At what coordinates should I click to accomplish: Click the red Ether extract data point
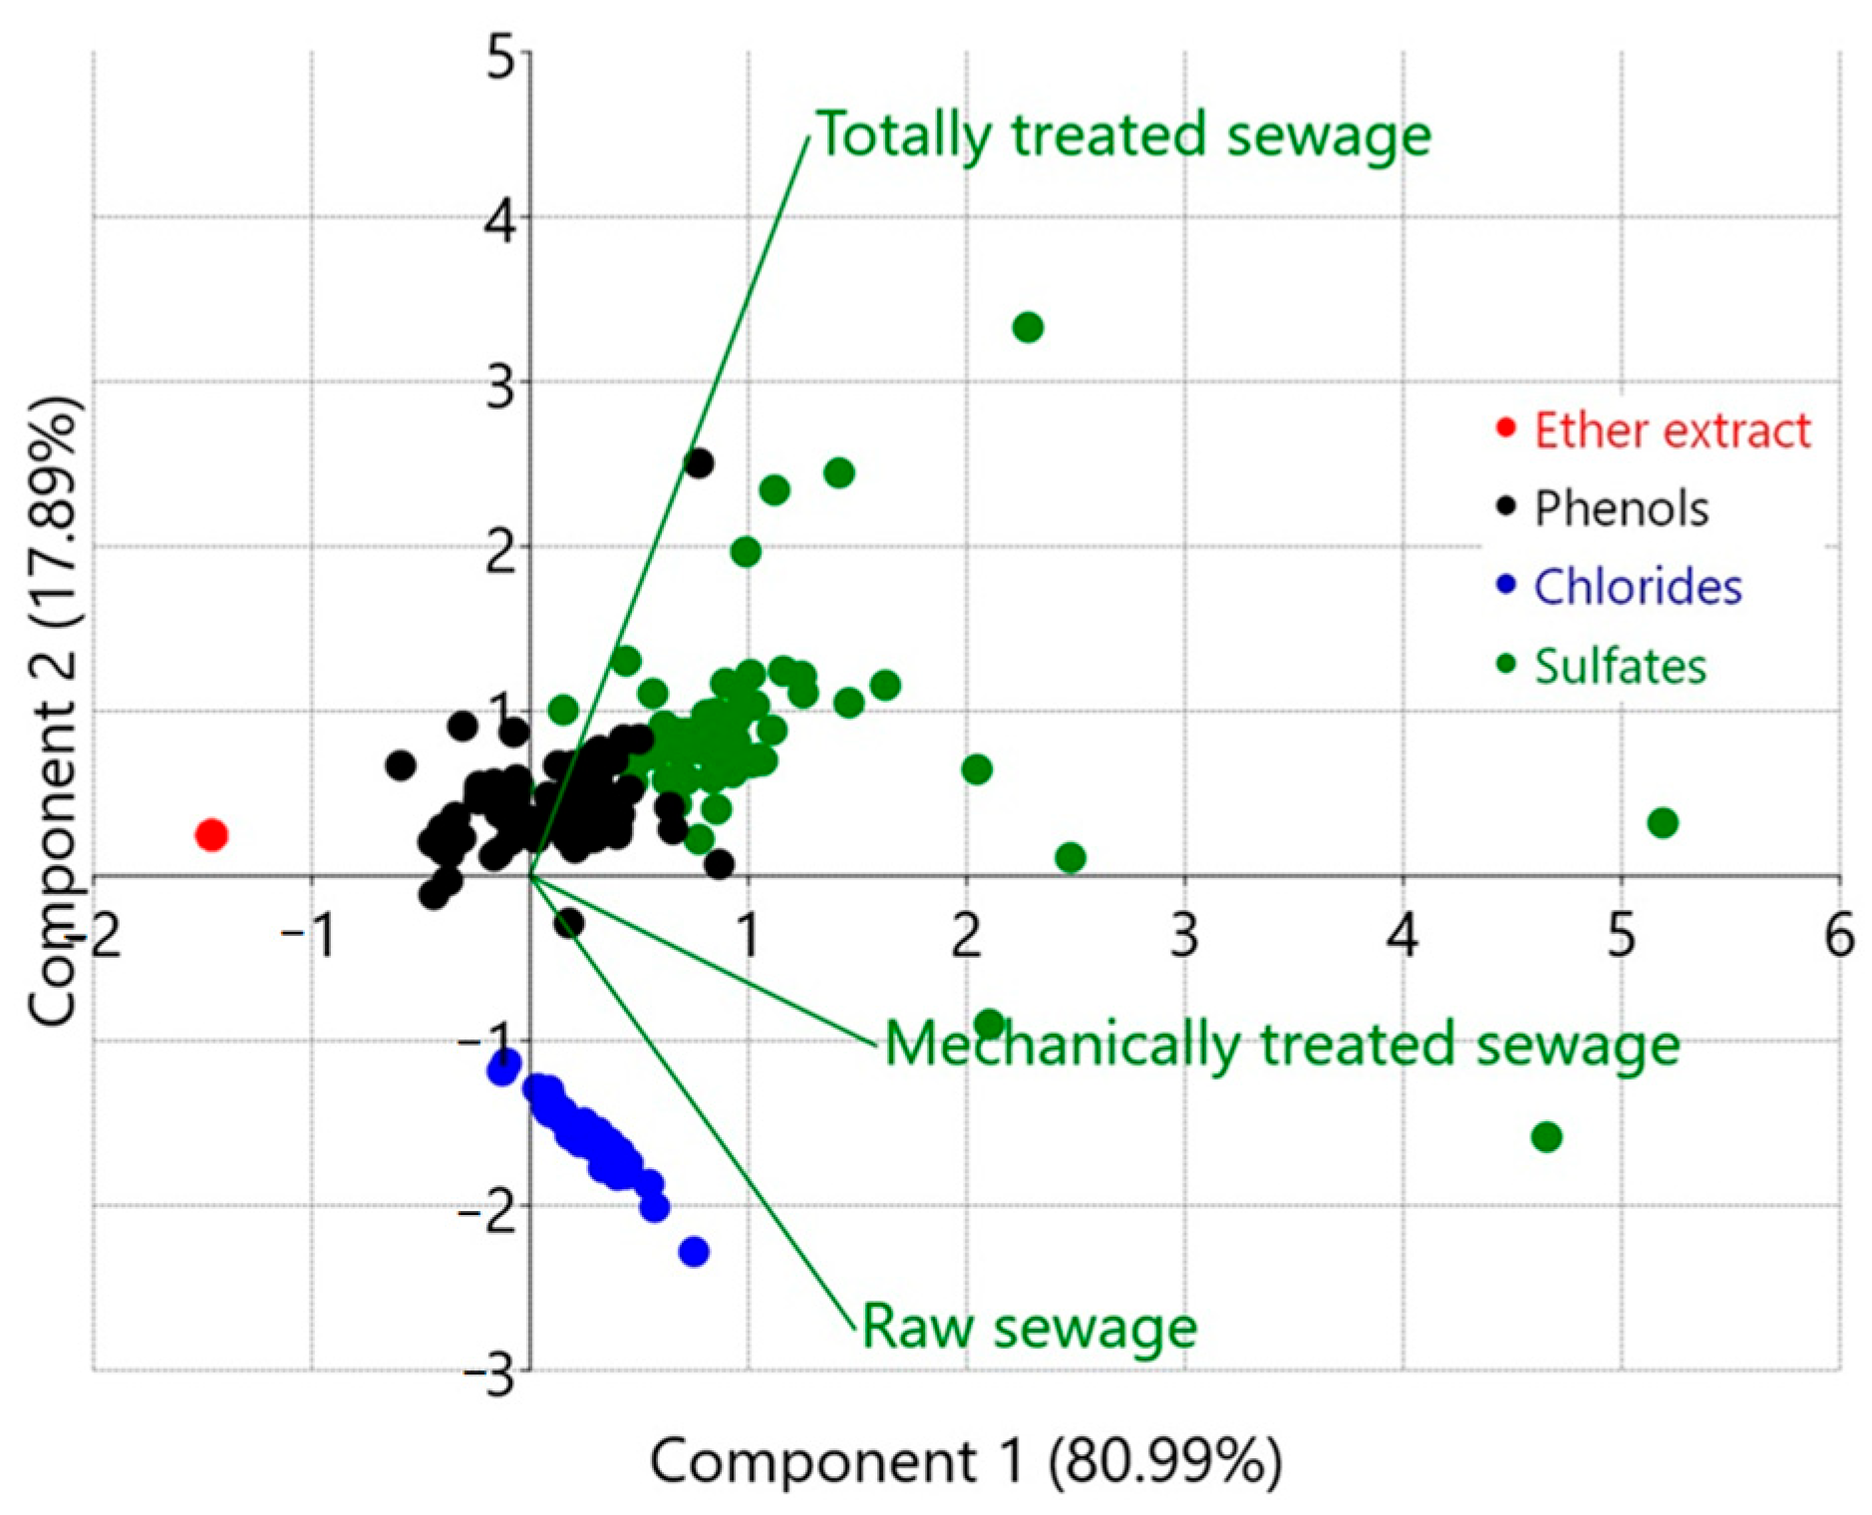point(211,834)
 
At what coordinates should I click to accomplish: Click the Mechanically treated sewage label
point(1282,1045)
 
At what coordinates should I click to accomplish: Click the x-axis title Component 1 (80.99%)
point(965,1461)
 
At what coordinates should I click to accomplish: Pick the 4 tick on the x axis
point(1403,937)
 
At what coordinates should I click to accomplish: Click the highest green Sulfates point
point(1028,327)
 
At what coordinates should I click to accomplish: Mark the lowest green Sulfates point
point(1546,1136)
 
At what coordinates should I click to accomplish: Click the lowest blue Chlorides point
point(694,1252)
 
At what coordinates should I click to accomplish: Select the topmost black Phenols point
point(699,463)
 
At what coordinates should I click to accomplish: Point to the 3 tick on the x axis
point(1184,937)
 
